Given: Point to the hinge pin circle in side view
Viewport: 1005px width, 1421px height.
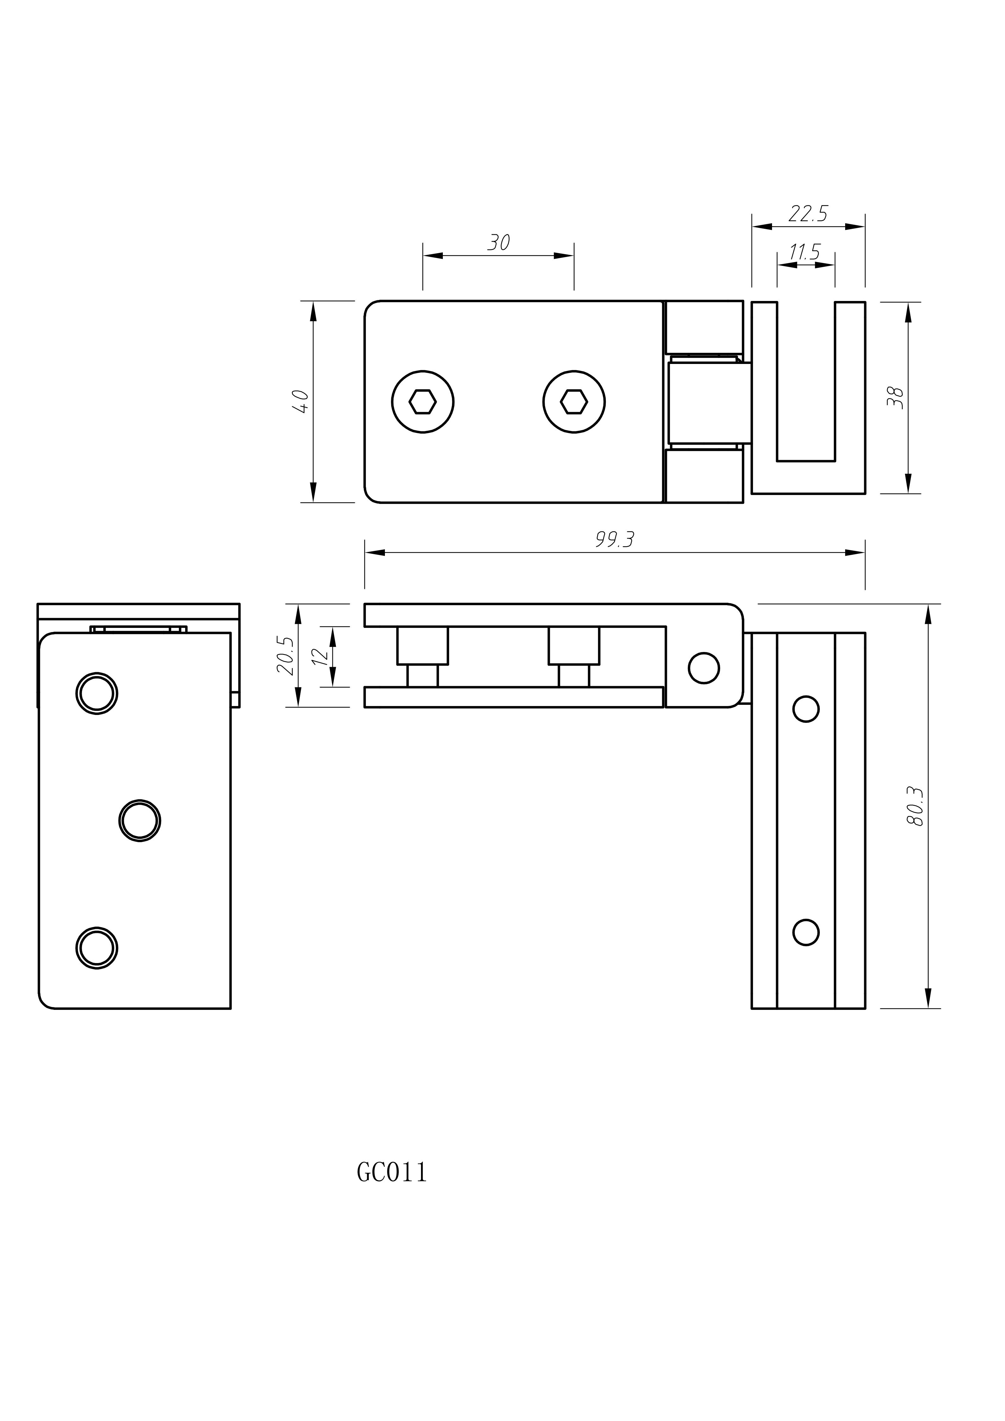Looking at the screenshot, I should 704,668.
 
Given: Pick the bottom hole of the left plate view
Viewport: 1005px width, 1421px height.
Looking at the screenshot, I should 97,948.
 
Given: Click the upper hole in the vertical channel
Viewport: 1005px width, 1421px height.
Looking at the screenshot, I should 806,709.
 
